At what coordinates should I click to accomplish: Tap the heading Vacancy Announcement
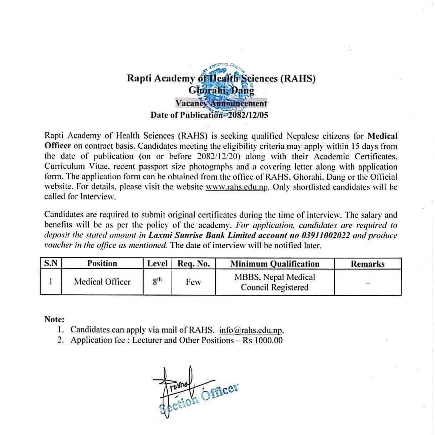tap(221, 103)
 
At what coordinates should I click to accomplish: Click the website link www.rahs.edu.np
tap(237, 187)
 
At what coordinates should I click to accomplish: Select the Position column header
tap(102, 263)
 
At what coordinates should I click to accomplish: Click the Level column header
tap(157, 263)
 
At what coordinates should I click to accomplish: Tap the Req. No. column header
tap(194, 263)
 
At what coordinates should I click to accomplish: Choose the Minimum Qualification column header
tap(275, 264)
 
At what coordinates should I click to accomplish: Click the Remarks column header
tap(368, 264)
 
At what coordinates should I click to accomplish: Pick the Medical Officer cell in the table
tap(102, 282)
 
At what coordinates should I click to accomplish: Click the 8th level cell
tap(157, 281)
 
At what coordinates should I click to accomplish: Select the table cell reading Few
tap(193, 282)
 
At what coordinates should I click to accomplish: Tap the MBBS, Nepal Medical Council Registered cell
tap(275, 282)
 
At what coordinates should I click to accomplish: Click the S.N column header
tap(51, 263)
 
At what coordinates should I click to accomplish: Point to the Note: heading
tap(54, 319)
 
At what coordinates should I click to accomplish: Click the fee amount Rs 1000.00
tap(262, 340)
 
